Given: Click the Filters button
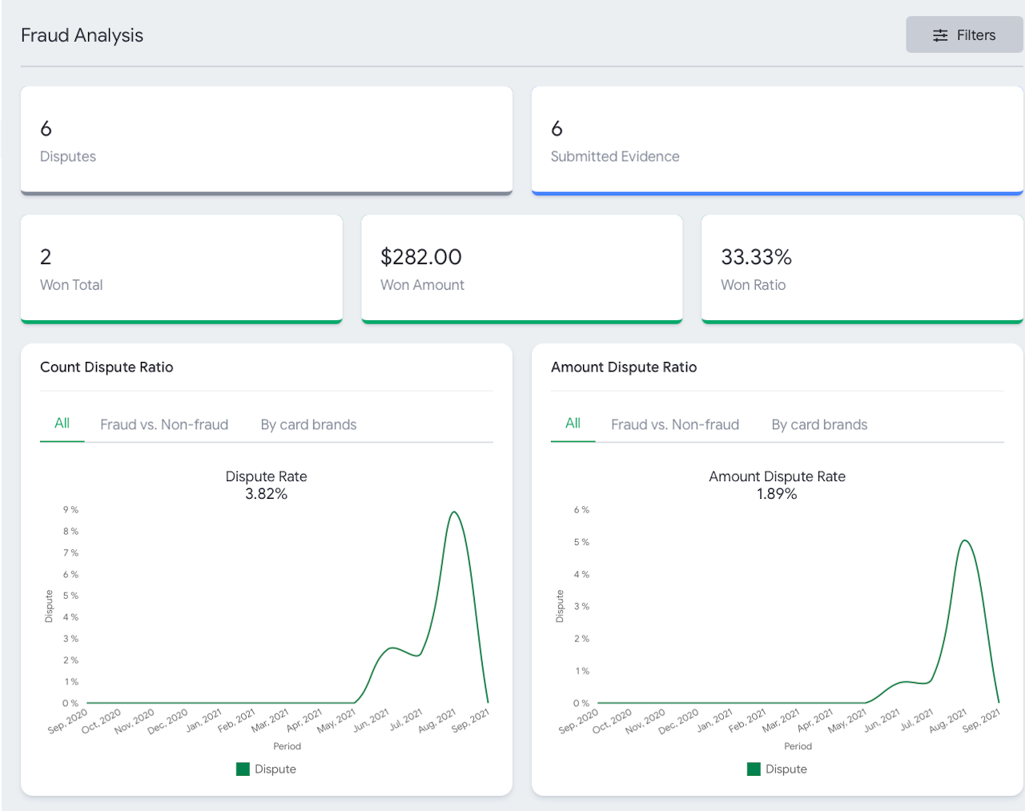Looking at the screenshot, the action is click(964, 34).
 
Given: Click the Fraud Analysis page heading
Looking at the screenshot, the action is click(82, 35).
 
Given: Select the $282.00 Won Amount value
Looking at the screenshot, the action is click(421, 257).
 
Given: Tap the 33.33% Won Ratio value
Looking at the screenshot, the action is click(757, 257).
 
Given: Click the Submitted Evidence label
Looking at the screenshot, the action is click(615, 156).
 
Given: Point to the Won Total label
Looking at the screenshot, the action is click(71, 285).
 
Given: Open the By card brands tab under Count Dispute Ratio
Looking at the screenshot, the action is click(308, 424).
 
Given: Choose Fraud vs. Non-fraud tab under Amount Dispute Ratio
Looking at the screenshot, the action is click(675, 424).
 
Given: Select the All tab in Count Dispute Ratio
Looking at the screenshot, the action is click(62, 423).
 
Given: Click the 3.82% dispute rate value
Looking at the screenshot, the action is click(266, 494).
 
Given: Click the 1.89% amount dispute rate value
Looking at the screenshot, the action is click(777, 494).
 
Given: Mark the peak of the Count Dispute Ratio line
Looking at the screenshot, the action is click(454, 512).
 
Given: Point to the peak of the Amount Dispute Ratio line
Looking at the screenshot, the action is click(965, 540).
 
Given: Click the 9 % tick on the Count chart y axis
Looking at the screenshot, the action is click(70, 509).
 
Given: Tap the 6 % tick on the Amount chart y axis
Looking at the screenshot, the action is click(581, 509).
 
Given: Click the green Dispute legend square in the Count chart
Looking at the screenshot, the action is click(243, 769).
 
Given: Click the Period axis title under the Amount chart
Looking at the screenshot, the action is click(798, 746).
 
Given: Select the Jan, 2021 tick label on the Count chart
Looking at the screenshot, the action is click(204, 720).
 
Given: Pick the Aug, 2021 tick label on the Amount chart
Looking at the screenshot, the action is click(948, 721).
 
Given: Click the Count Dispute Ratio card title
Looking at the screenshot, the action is click(107, 367).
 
